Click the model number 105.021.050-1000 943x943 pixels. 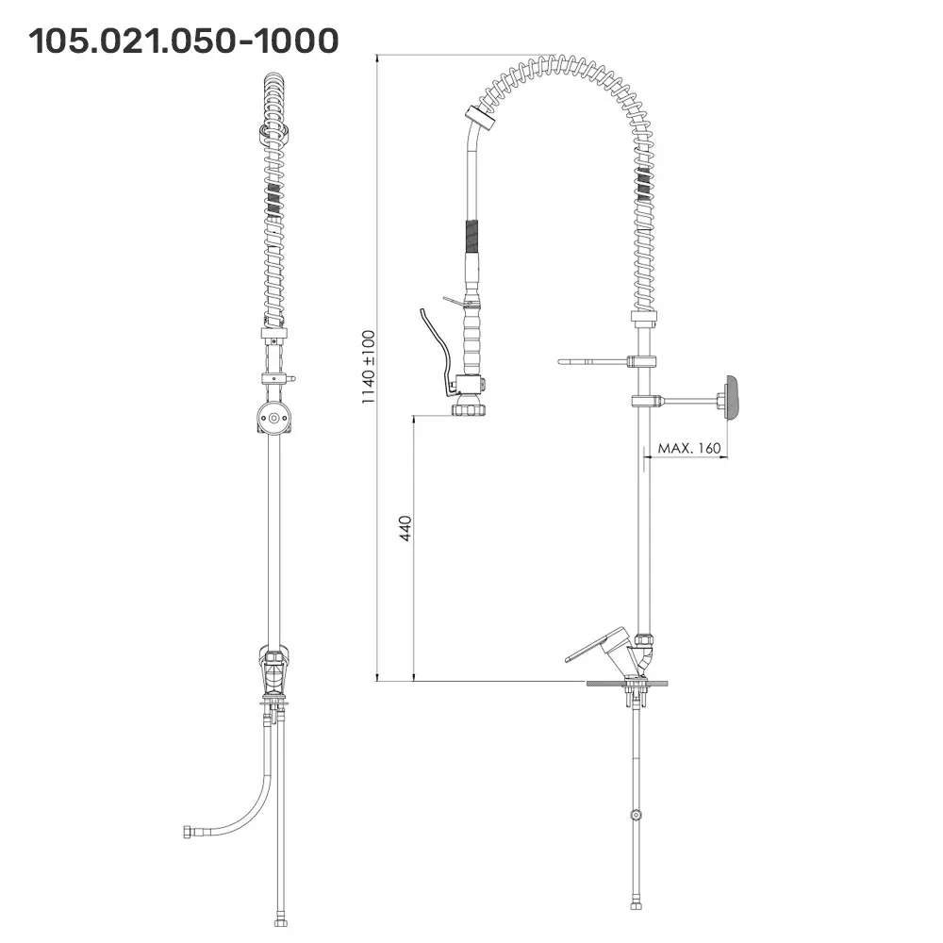(184, 41)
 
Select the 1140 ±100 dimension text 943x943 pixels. (368, 367)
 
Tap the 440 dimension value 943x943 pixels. (405, 528)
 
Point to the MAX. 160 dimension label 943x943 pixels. (689, 448)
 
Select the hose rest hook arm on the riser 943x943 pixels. (593, 362)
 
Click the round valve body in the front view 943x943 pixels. (273, 417)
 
